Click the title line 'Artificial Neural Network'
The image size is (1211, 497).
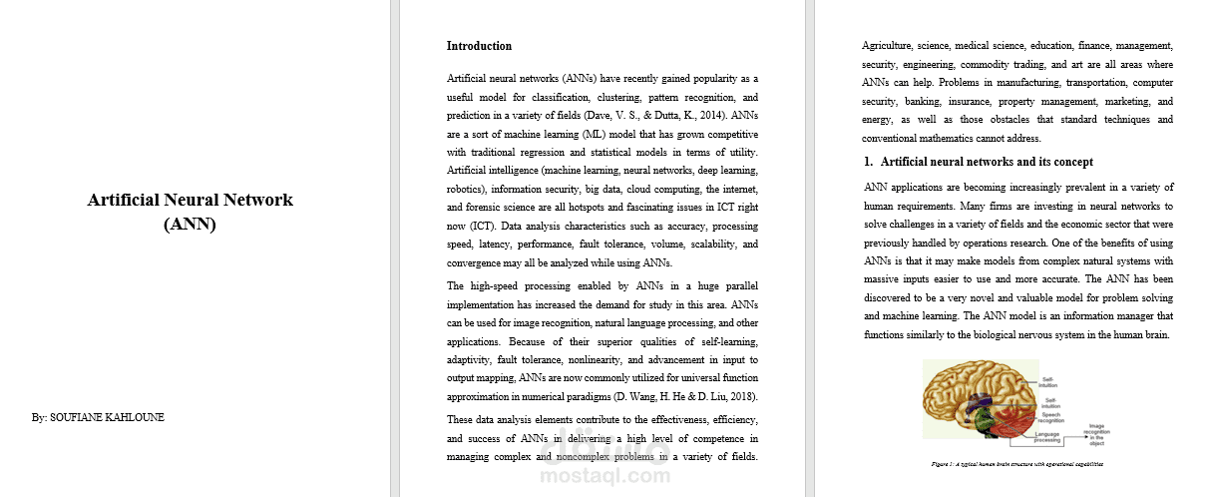click(x=190, y=200)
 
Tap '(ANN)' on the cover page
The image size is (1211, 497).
click(x=190, y=224)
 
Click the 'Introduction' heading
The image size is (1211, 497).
click(x=479, y=46)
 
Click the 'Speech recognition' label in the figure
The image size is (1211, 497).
click(x=1050, y=418)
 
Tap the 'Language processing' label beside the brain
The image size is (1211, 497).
click(x=1047, y=437)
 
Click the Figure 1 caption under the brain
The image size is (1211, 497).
click(x=1017, y=464)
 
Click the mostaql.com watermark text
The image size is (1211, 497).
click(x=604, y=476)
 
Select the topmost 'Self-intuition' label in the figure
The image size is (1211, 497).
click(x=1050, y=381)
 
